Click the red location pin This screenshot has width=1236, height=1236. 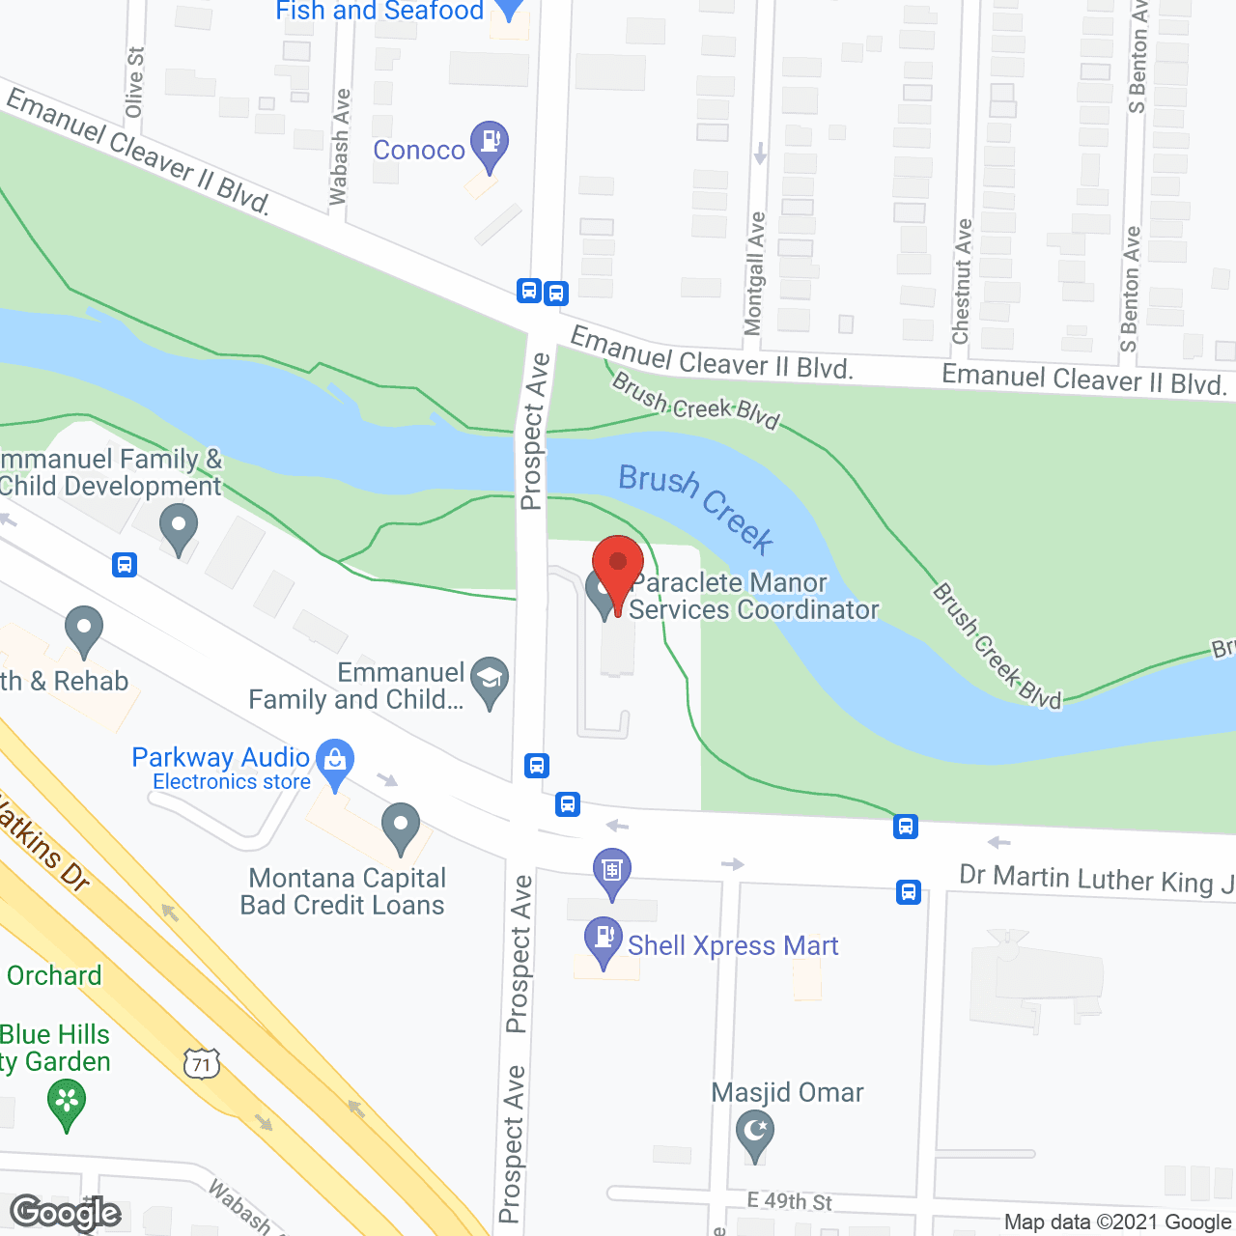click(618, 565)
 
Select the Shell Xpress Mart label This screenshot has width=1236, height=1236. click(733, 945)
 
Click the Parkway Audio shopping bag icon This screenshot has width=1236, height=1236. click(335, 762)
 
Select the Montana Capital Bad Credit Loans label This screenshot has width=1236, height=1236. click(344, 891)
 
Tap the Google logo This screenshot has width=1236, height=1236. click(66, 1213)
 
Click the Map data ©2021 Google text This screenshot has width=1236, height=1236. click(1117, 1222)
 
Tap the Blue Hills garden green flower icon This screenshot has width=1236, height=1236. click(67, 1103)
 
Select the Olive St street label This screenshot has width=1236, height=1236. click(134, 83)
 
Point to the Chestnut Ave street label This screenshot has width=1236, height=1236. click(962, 281)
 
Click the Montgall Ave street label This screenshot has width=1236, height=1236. click(755, 273)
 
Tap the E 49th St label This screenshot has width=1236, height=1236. click(789, 1201)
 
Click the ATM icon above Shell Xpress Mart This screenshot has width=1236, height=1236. click(611, 870)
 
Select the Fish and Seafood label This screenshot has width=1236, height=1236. click(379, 12)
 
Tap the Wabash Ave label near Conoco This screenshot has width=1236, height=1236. click(339, 148)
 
